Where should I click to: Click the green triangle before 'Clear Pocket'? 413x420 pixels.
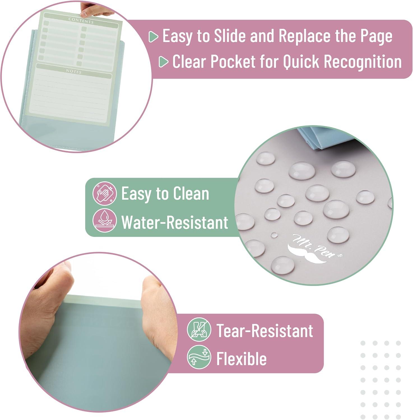(x=163, y=62)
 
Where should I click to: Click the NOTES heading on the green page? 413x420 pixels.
(x=74, y=71)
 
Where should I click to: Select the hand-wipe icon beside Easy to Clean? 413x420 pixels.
(x=105, y=193)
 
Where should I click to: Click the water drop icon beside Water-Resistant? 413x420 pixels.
(x=105, y=220)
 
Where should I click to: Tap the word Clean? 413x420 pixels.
(x=191, y=193)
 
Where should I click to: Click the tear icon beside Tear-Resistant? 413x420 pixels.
(x=199, y=330)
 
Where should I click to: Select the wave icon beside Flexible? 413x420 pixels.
(x=199, y=357)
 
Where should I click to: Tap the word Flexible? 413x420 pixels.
(x=241, y=358)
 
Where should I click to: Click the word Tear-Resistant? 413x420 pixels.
(x=265, y=331)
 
